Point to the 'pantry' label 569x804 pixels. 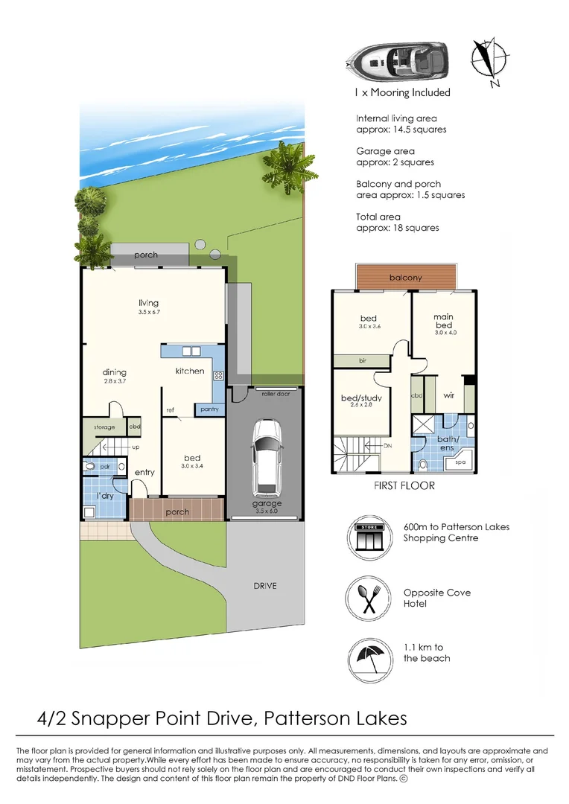[x=208, y=409]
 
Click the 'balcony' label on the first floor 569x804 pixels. [x=405, y=278]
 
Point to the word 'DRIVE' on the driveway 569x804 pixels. [x=264, y=586]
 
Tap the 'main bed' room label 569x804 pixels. [x=443, y=321]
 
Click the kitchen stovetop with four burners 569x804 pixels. [x=219, y=376]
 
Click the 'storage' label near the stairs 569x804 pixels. [x=104, y=427]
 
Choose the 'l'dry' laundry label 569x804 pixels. [x=94, y=495]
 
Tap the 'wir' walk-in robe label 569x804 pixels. [x=449, y=396]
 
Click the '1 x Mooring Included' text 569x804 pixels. [x=402, y=93]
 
